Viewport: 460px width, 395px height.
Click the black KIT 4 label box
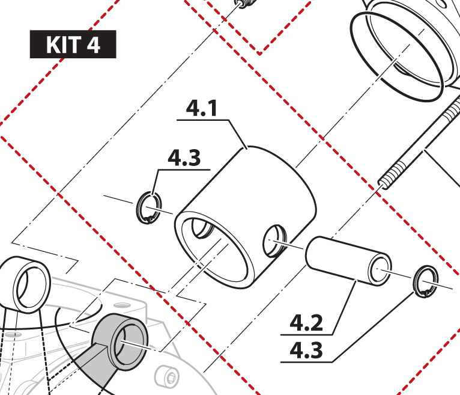click(73, 44)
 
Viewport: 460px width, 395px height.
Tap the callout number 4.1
click(202, 108)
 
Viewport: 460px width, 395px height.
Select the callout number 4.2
click(306, 322)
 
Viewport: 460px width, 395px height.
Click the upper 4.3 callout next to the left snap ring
click(184, 158)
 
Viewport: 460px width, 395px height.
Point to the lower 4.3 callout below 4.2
click(306, 350)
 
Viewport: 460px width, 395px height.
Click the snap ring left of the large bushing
click(149, 208)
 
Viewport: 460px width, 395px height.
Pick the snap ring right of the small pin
click(426, 281)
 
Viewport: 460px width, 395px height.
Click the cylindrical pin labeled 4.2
click(348, 261)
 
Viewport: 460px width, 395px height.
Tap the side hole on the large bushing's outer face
click(274, 241)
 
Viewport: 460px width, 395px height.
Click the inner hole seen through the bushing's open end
click(202, 228)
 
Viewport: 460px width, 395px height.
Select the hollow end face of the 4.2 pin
click(380, 270)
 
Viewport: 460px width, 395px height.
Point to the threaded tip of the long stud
click(383, 183)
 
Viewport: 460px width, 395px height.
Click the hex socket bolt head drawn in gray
click(166, 378)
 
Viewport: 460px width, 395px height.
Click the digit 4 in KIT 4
click(93, 44)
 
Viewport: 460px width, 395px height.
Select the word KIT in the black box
click(64, 44)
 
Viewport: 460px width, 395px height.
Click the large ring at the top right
click(396, 57)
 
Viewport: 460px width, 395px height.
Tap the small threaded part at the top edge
click(246, 4)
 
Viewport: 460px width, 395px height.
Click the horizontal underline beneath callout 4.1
click(202, 120)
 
